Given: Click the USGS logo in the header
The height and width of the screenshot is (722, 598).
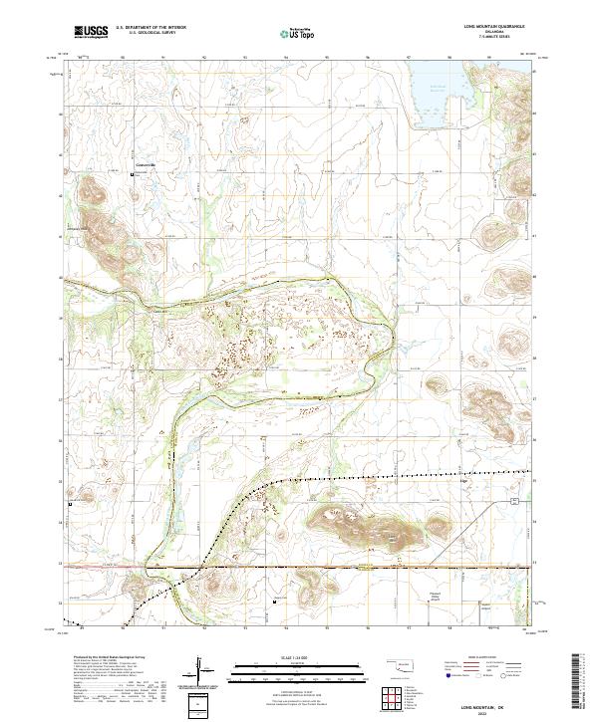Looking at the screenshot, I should pyautogui.click(x=91, y=32).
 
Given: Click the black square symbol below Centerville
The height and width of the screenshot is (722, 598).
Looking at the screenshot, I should pyautogui.click(x=136, y=174).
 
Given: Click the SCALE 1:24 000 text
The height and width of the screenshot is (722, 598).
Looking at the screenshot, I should pyautogui.click(x=299, y=657).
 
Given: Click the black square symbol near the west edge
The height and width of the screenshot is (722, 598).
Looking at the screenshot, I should pyautogui.click(x=70, y=504).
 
